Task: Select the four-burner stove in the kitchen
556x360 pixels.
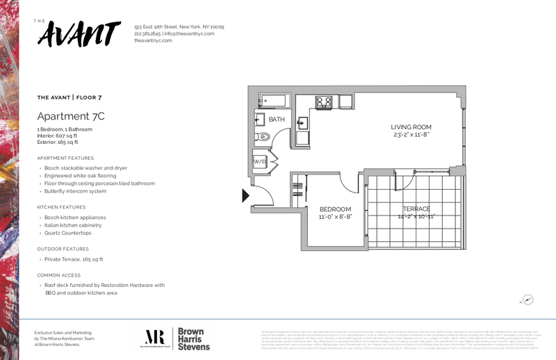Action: [324, 102]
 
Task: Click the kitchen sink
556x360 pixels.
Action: [304, 124]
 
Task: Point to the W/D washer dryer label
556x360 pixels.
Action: [259, 162]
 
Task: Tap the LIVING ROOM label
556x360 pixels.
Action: [411, 126]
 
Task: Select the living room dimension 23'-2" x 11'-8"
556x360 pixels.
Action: [411, 134]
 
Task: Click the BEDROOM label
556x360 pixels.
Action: [335, 209]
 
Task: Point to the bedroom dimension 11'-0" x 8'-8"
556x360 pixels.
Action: [335, 217]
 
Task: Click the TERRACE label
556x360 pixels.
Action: [417, 208]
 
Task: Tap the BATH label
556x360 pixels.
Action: [277, 120]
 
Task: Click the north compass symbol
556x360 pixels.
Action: [528, 300]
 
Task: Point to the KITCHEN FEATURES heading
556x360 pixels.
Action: [61, 207]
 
